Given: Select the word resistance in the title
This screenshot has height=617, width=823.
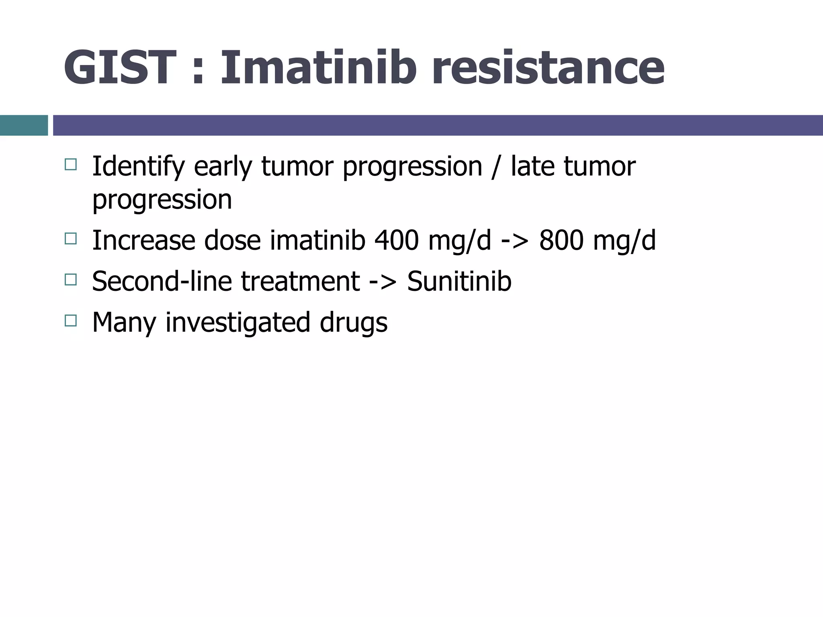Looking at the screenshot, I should pos(548,67).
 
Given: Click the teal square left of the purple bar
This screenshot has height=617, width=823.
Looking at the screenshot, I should pos(24,125).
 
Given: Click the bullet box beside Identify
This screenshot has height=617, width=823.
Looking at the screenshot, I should pos(70,165).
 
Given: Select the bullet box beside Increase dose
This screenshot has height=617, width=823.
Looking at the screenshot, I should pos(70,239).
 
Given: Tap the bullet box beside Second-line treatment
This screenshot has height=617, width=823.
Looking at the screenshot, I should pos(70,280).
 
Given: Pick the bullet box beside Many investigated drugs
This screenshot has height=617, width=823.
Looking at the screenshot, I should pos(70,321).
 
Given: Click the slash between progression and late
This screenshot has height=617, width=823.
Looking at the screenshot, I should pos(496,167).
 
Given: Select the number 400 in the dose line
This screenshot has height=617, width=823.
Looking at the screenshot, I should pos(396,240).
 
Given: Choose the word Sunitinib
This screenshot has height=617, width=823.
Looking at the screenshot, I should pos(459,281).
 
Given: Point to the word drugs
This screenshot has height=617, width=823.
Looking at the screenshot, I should pos(354,323).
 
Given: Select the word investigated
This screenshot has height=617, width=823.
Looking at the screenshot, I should pos(237,323).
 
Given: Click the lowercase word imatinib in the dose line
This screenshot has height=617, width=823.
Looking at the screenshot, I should pos(317,240).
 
